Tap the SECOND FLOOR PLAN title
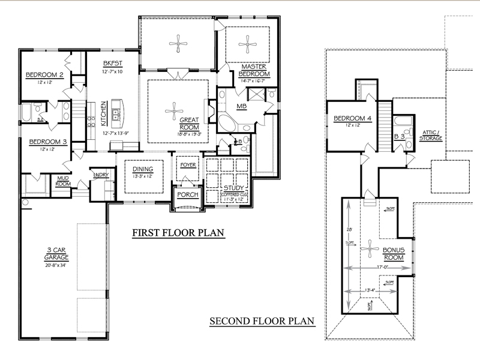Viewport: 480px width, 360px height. (x=262, y=321)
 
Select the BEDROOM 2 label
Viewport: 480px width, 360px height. (x=44, y=75)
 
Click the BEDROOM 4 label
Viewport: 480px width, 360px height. (x=353, y=118)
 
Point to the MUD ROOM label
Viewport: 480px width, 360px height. (x=63, y=181)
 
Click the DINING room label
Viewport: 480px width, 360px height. (x=143, y=169)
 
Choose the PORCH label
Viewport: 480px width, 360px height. (x=187, y=195)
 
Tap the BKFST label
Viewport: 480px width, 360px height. (x=112, y=63)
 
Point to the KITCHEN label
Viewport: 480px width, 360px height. (x=103, y=111)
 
